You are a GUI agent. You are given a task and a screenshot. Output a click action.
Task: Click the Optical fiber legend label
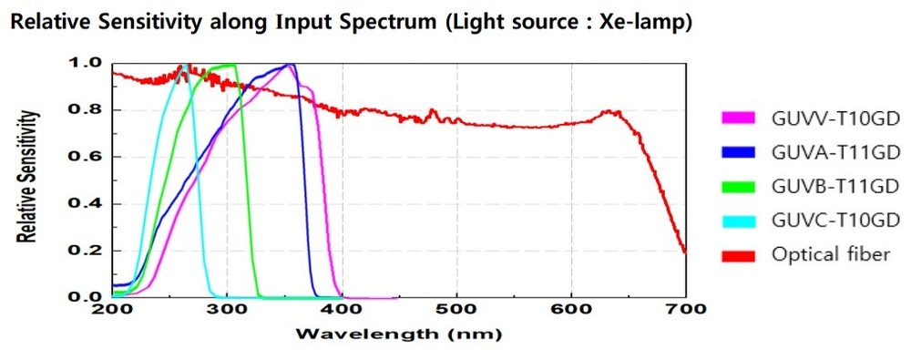(x=829, y=254)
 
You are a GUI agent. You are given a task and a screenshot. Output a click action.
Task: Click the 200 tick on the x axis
(x=112, y=309)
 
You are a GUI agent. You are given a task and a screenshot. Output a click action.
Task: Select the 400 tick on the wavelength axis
(x=342, y=309)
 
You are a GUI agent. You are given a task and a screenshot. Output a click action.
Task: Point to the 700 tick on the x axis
(x=686, y=309)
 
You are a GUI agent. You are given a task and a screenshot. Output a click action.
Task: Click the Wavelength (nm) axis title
(x=397, y=334)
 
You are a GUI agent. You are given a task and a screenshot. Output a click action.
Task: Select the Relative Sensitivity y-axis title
(x=30, y=178)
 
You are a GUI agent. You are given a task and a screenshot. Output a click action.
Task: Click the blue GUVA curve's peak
(x=290, y=65)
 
